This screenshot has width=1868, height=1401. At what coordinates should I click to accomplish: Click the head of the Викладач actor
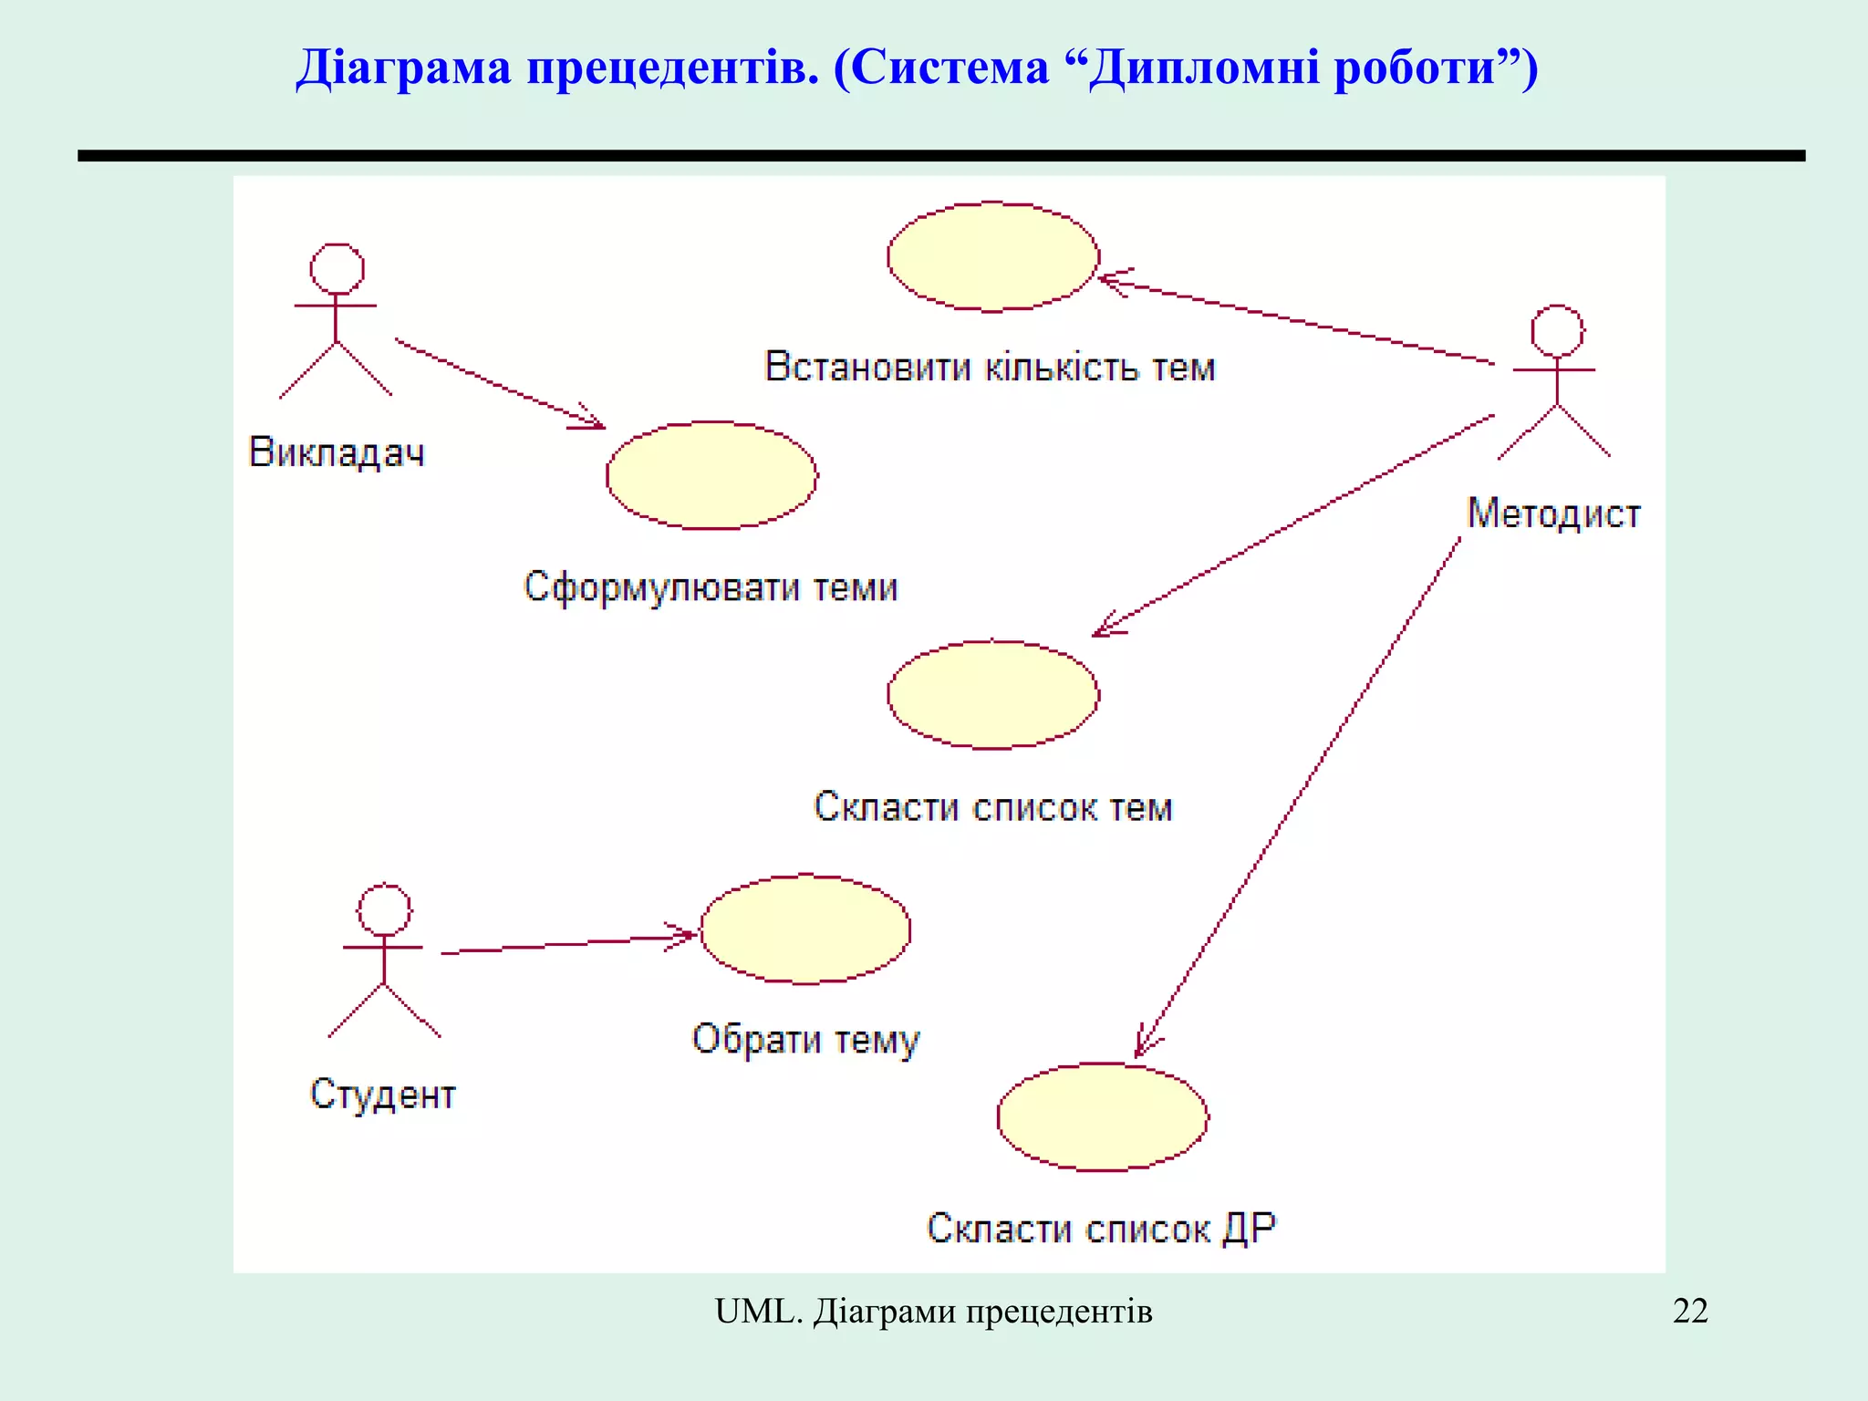click(x=337, y=269)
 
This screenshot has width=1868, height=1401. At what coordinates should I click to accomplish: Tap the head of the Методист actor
click(x=1557, y=331)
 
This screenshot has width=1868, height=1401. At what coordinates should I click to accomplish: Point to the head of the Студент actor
click(x=384, y=909)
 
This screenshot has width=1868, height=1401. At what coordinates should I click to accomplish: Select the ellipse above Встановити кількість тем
click(x=992, y=257)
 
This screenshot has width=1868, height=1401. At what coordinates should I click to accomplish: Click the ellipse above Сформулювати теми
click(x=711, y=475)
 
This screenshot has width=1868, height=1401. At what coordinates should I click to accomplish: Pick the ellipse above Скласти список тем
click(x=992, y=695)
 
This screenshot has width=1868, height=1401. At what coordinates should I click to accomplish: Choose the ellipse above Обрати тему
click(x=804, y=929)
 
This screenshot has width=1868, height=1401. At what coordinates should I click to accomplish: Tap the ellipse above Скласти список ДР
click(x=1102, y=1116)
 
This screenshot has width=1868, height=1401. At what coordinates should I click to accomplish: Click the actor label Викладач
click(x=337, y=452)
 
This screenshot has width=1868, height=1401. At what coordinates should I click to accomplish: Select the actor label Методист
click(x=1553, y=514)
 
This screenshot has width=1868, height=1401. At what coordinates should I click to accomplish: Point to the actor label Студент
click(x=382, y=1094)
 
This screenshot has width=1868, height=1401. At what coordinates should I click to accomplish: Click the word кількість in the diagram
click(x=1062, y=368)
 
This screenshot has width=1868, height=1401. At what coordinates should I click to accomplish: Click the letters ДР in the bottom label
click(x=1249, y=1229)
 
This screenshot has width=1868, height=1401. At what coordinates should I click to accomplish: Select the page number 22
click(x=1689, y=1311)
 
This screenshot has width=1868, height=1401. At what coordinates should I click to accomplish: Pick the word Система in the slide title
click(x=950, y=67)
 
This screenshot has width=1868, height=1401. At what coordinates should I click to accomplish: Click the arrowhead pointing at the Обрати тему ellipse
click(x=686, y=935)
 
